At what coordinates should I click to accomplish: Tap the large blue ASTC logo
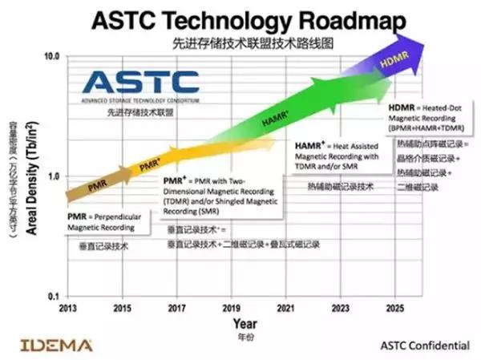[x=141, y=80]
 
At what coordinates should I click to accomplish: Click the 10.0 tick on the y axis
[x=51, y=56]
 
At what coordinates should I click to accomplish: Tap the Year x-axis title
[x=245, y=324]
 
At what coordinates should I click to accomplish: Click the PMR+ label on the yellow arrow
[x=150, y=165]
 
